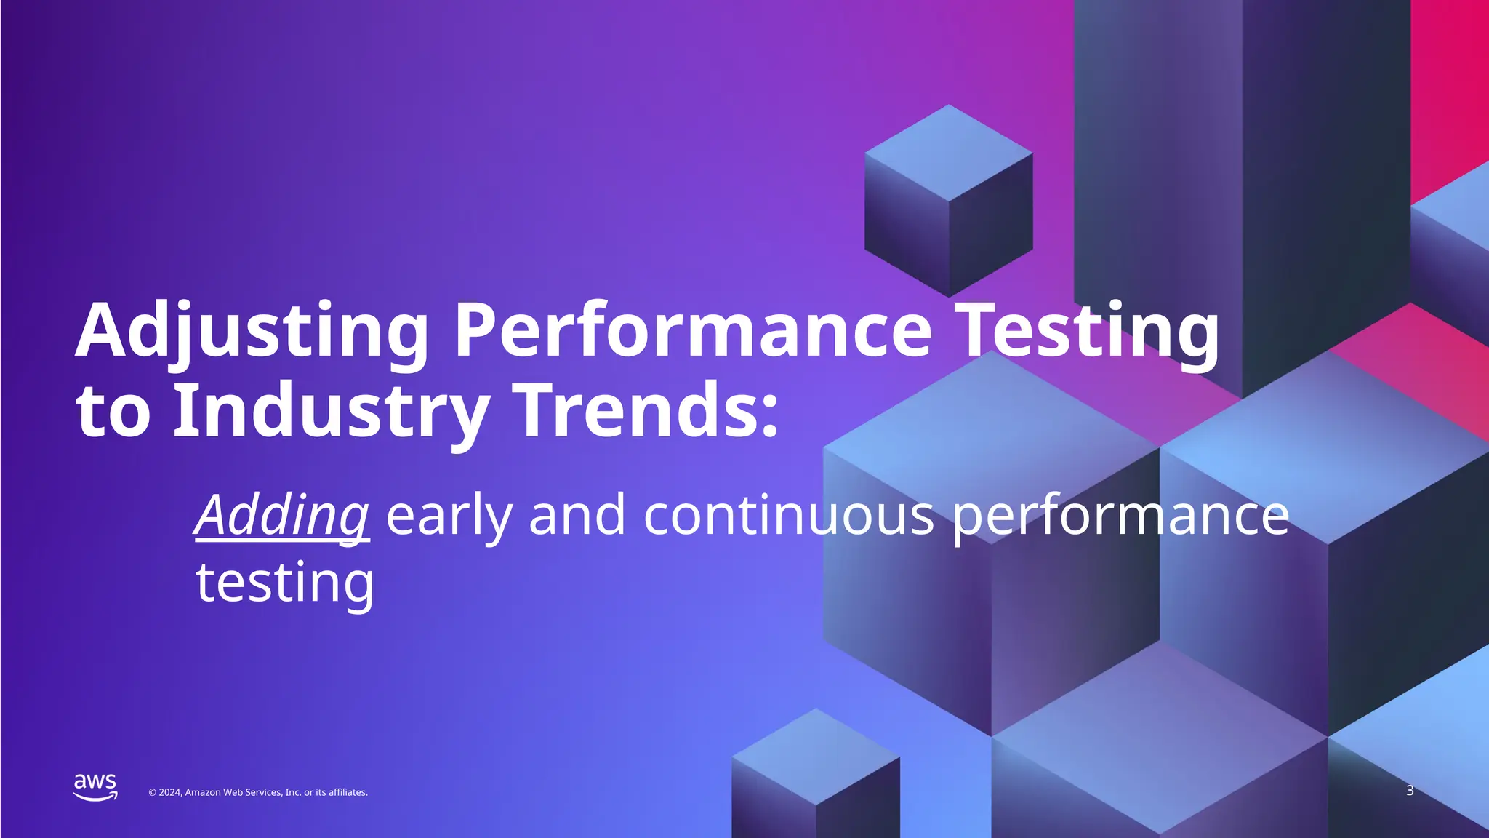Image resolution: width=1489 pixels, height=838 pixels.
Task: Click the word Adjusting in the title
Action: click(x=251, y=331)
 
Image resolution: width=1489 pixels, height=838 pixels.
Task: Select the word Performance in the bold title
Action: click(x=692, y=331)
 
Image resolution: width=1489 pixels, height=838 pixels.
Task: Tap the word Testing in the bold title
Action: click(x=1086, y=331)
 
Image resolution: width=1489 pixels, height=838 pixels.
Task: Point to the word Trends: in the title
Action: click(x=647, y=411)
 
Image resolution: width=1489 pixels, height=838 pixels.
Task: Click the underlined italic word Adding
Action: click(x=282, y=515)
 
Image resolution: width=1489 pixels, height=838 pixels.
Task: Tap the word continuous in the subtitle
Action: click(x=788, y=515)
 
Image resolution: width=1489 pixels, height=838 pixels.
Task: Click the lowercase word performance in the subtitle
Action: click(x=1120, y=515)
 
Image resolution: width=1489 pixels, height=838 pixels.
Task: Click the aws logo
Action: click(x=95, y=787)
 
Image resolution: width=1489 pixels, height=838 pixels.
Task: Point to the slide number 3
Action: click(x=1410, y=791)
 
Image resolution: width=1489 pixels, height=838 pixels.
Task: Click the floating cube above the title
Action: click(x=948, y=200)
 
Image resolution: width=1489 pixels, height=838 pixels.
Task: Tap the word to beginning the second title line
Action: click(x=113, y=412)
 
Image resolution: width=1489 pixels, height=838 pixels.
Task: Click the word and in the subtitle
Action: click(x=577, y=515)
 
